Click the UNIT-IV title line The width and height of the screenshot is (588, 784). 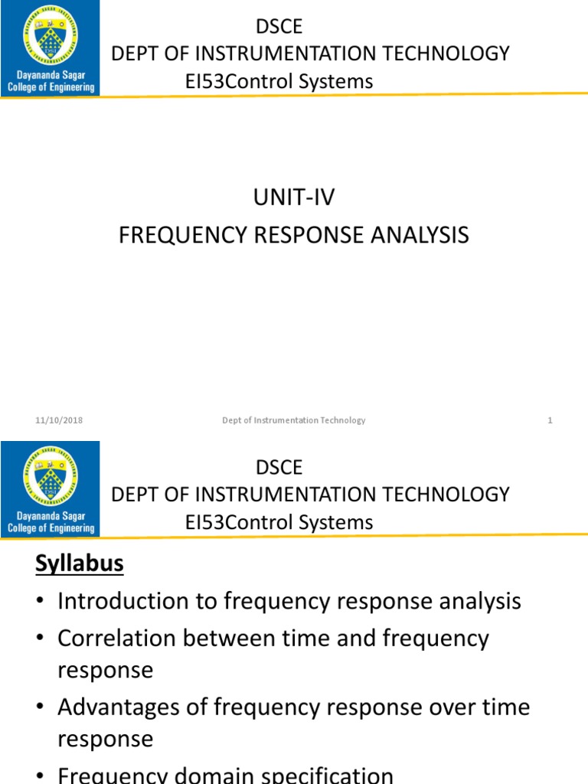(294, 198)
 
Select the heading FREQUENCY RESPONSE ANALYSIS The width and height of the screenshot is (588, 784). (294, 235)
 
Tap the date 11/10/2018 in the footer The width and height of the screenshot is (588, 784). (59, 420)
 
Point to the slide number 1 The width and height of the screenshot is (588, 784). (550, 420)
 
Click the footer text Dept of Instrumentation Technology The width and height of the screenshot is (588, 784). (294, 420)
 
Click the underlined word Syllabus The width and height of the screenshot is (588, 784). (80, 564)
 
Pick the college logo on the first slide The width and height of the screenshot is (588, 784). (50, 48)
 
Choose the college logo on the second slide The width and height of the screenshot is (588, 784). (50, 488)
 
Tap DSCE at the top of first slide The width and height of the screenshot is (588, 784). (279, 27)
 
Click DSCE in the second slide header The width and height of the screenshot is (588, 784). (279, 467)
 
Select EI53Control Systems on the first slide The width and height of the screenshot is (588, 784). (279, 81)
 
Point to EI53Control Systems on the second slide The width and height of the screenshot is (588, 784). (279, 522)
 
